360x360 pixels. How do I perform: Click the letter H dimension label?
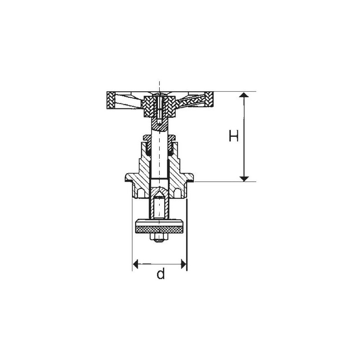pos(233,136)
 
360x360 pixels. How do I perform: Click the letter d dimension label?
pos(160,274)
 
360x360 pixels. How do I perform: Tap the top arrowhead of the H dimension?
pos(243,95)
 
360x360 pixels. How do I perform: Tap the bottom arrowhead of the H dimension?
pos(243,178)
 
